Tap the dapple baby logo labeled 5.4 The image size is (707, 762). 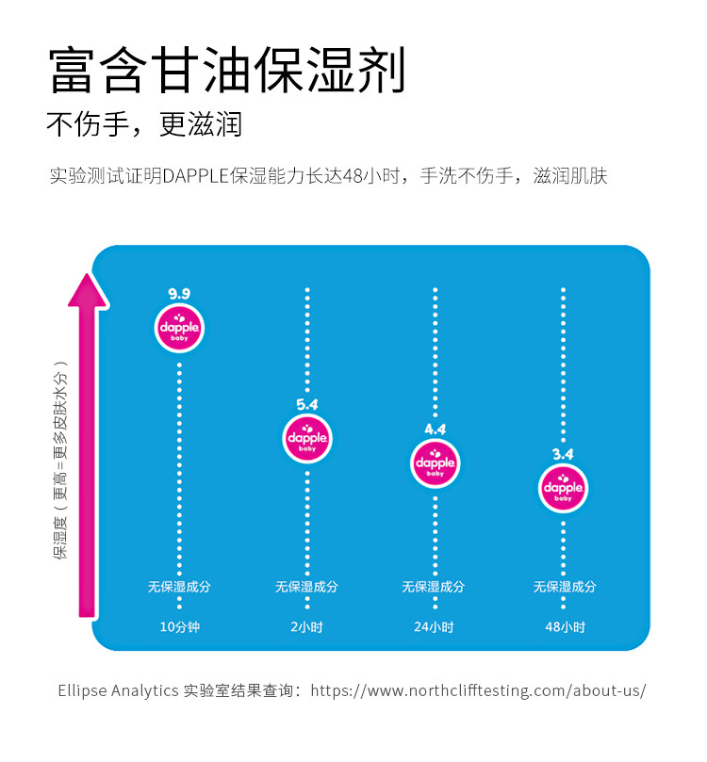coord(307,438)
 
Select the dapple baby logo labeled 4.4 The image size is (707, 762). coord(435,462)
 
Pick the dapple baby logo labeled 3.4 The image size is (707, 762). coord(563,488)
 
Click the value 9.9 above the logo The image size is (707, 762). coord(179,294)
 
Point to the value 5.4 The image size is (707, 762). coord(307,404)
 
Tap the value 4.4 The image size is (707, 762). coord(435,430)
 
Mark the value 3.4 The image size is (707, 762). coord(563,455)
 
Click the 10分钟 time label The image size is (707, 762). coord(179,626)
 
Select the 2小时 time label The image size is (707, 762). coord(307,626)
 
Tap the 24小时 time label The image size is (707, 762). coord(435,626)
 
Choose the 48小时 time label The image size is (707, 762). coord(565,626)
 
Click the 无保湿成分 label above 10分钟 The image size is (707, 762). coord(179,587)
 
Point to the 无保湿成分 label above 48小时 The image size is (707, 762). coord(565,587)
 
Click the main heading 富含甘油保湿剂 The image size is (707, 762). coord(227,71)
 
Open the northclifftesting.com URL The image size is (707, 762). coord(478,690)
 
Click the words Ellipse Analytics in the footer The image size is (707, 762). coord(118,690)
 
